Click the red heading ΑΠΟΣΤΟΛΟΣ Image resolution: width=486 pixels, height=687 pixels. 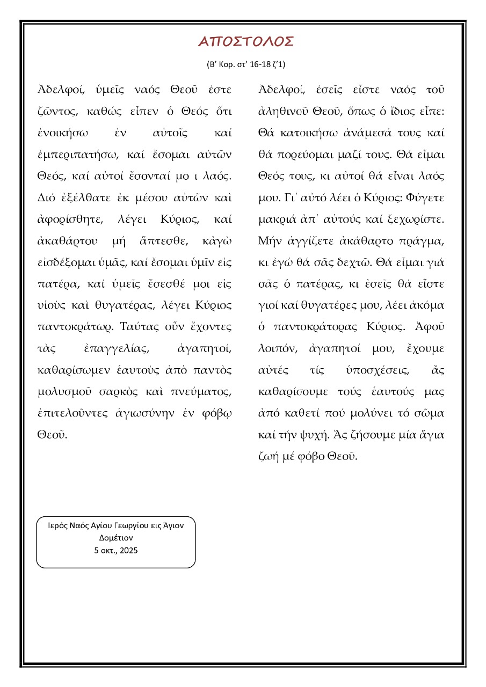click(x=246, y=42)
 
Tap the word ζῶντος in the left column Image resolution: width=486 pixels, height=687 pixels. click(x=55, y=112)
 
